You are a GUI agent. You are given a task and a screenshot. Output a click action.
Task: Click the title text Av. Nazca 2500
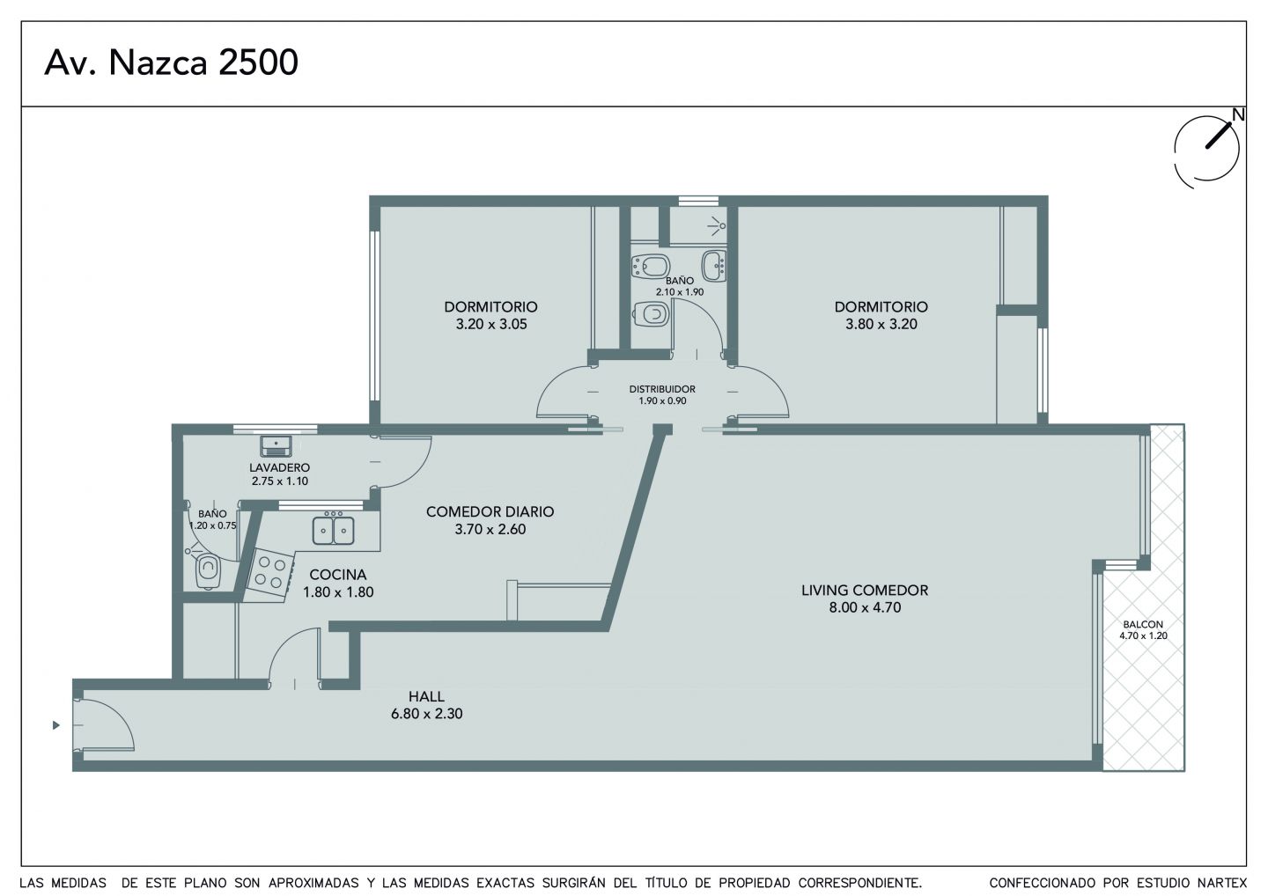171,62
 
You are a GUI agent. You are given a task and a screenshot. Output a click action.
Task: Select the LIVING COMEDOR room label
865,590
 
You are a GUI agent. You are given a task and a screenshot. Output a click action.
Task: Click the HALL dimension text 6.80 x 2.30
427,713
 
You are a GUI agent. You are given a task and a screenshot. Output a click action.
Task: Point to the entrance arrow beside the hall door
56,724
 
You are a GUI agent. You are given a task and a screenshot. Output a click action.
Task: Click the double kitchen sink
334,530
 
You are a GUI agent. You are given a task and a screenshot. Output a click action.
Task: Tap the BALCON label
1143,625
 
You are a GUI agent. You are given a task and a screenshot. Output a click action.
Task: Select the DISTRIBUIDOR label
662,389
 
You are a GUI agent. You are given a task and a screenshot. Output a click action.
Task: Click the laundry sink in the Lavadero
276,445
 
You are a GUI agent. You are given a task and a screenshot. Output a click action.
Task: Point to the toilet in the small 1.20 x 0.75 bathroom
207,571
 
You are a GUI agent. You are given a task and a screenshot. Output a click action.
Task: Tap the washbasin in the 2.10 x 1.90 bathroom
714,265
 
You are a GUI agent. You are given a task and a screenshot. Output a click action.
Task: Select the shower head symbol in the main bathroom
717,225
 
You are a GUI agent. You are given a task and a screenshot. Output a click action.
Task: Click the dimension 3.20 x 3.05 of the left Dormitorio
491,324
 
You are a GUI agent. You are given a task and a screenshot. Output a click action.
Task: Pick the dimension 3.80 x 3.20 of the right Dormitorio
881,324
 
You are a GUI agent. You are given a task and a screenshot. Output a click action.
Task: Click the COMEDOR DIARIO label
490,511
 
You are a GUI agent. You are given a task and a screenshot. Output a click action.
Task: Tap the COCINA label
338,574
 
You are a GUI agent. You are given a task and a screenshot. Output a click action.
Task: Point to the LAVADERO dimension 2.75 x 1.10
280,481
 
